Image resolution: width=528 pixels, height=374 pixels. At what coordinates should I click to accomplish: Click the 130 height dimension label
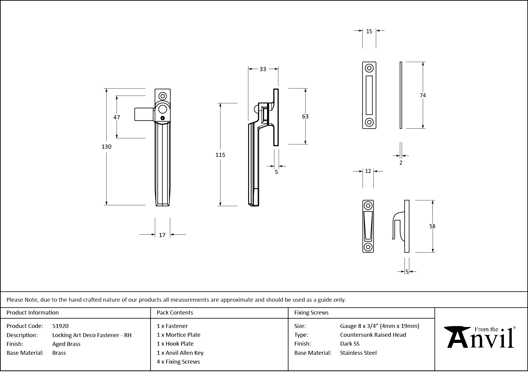107,147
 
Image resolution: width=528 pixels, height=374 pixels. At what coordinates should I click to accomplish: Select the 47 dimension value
117,117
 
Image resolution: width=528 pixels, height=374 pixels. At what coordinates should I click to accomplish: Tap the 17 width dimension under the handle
162,235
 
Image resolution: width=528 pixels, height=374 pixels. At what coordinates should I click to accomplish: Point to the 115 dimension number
220,155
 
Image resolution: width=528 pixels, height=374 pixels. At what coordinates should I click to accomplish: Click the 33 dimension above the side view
263,69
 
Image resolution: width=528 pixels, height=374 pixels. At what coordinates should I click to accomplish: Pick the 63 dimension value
305,117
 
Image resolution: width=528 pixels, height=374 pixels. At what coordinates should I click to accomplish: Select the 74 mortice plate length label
423,95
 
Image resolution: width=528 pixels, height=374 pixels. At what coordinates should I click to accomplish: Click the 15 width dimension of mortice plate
369,31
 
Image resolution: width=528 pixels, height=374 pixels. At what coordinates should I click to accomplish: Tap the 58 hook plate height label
432,226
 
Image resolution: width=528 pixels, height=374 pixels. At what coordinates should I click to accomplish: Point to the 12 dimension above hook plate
368,171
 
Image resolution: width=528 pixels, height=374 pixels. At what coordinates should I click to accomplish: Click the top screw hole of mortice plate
369,68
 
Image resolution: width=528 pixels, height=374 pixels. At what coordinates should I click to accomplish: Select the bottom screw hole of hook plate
368,247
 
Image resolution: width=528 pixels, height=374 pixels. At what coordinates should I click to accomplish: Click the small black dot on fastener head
163,118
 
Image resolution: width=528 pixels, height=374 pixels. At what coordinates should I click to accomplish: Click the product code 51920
60,326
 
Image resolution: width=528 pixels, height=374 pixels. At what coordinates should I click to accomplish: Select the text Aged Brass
66,344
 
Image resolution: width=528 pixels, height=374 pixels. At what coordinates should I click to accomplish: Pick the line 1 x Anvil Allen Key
180,353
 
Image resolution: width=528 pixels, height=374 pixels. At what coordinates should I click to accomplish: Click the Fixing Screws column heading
311,313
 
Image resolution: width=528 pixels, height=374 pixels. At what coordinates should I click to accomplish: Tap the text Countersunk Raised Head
373,335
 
